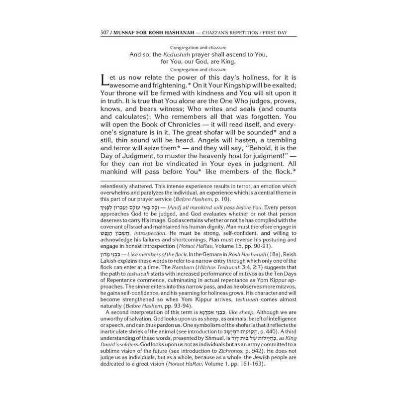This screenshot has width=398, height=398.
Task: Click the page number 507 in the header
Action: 104,33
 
